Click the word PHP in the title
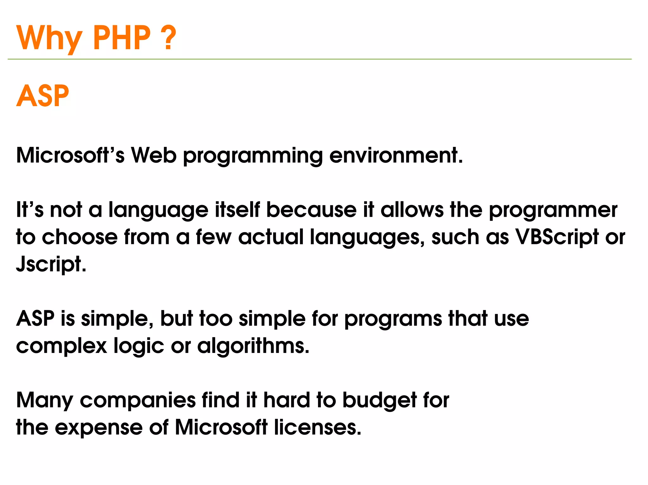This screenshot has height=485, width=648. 121,38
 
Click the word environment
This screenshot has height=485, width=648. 396,155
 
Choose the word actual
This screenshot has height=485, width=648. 271,237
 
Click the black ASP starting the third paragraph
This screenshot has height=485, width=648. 35,318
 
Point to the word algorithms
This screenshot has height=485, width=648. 253,346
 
